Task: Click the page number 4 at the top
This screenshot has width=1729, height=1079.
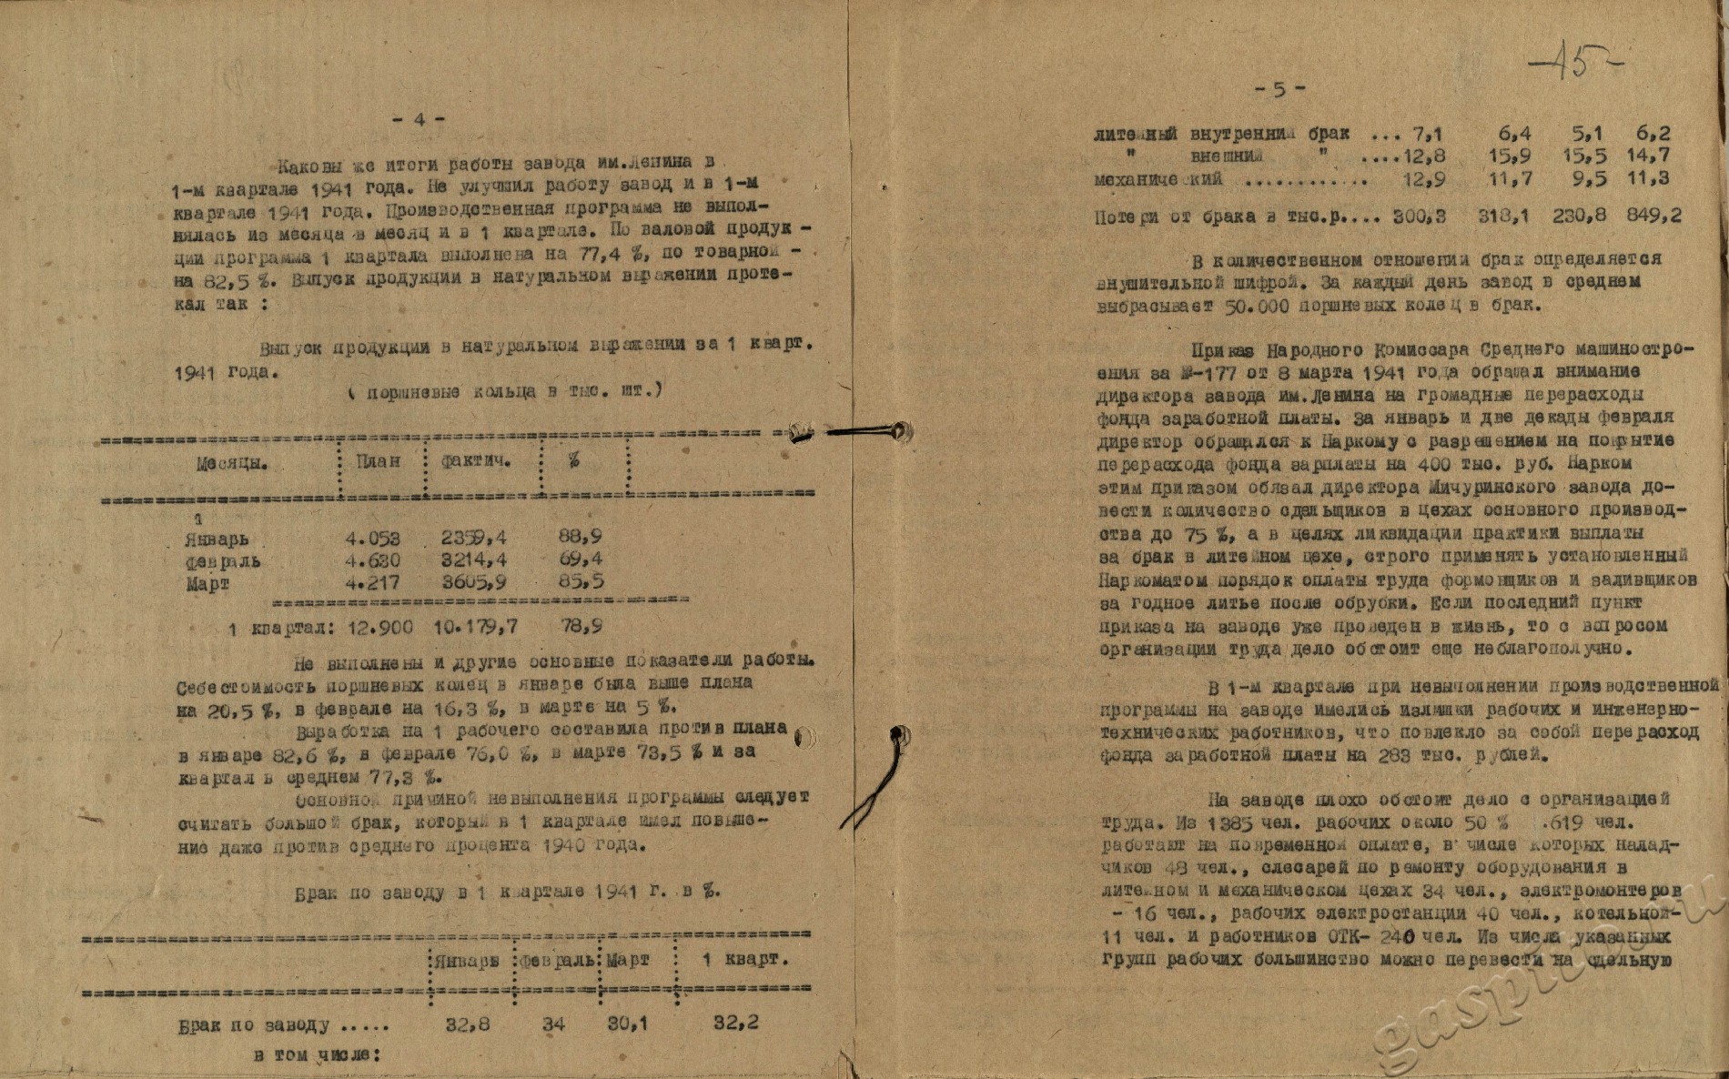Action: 419,119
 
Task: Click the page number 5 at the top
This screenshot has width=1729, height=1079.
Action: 1279,89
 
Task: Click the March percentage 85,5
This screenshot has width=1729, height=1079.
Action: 580,582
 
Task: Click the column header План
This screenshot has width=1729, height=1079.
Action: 378,461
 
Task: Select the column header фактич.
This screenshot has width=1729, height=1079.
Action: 475,461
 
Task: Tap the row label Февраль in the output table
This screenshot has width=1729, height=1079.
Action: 223,561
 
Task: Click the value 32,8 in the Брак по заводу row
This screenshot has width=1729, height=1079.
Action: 468,1024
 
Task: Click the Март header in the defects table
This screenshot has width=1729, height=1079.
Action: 628,960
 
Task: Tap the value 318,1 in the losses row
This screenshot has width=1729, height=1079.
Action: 1502,217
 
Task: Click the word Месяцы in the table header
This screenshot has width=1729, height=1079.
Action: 232,462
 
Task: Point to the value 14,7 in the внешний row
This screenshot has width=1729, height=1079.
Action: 1648,156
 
